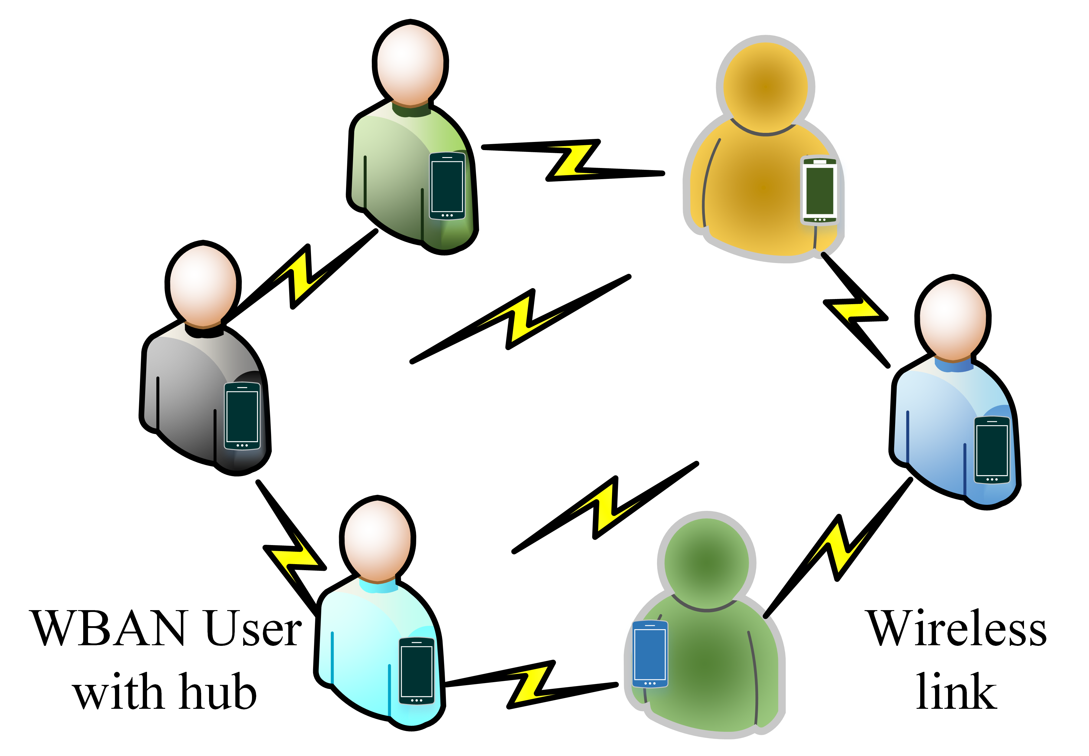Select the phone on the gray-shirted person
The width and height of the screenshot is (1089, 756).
242,416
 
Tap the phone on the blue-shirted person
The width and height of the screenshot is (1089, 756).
992,450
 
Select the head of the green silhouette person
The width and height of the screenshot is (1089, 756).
706,562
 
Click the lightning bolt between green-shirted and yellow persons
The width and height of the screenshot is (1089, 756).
573,160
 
